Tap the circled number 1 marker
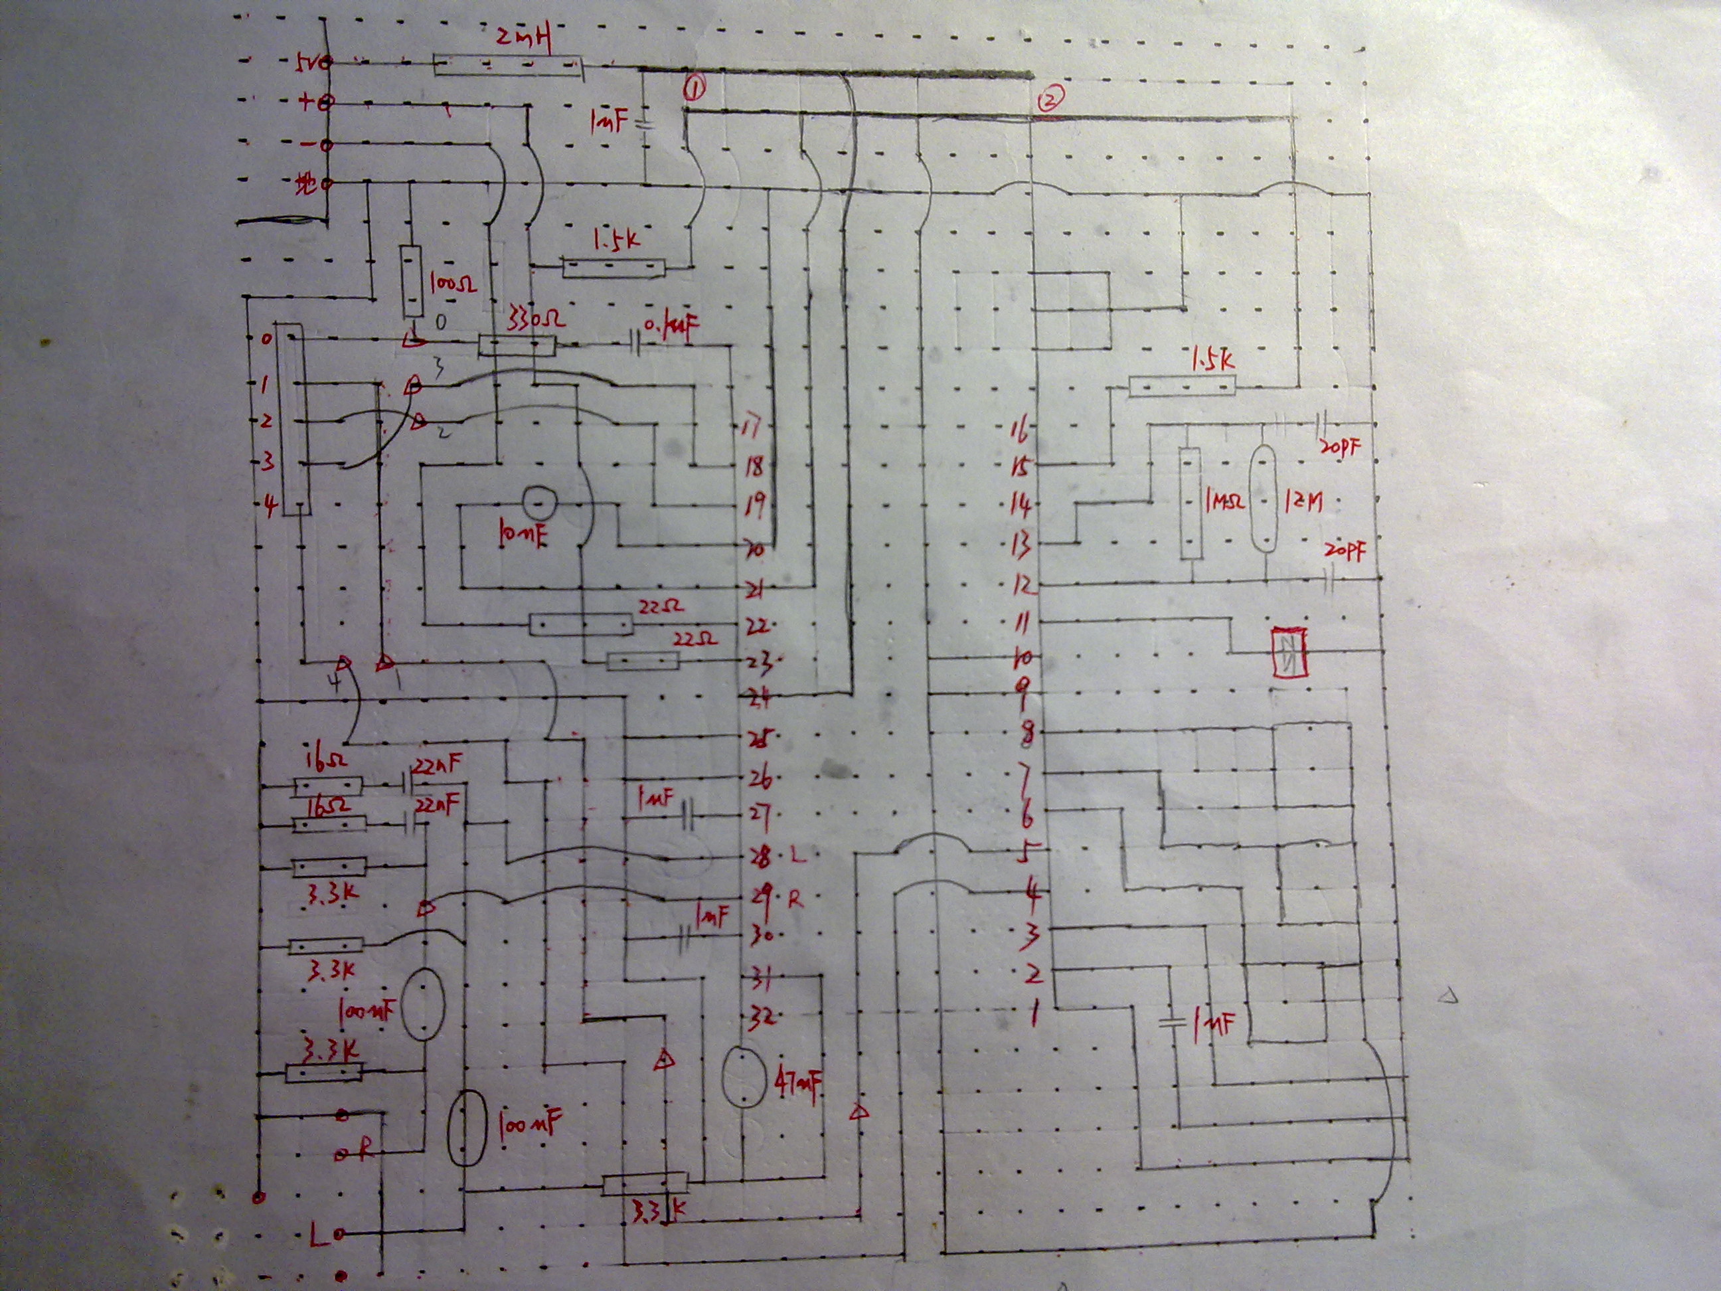click(x=694, y=90)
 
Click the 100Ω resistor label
click(x=452, y=284)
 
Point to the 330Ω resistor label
click(x=534, y=320)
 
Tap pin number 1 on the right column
click(x=1034, y=1015)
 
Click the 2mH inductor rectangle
click(x=507, y=65)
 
